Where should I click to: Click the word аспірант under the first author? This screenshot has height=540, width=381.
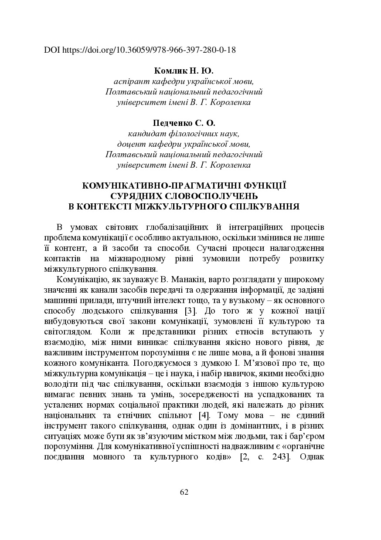131,81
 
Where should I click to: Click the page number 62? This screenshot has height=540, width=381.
184,492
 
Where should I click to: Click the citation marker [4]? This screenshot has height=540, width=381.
205,415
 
